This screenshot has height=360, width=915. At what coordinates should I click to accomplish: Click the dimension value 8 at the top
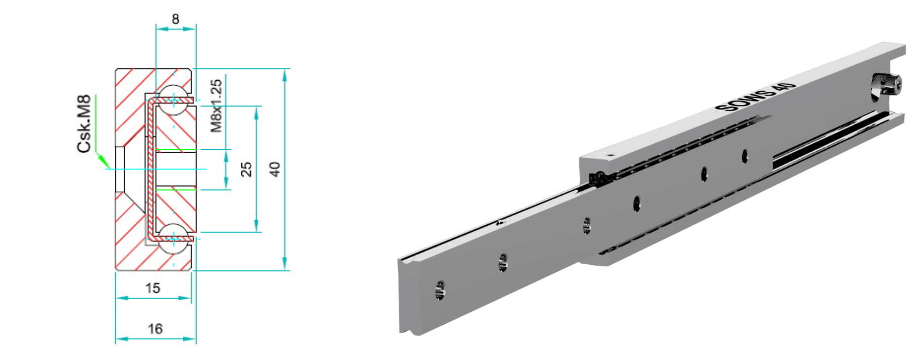click(x=176, y=19)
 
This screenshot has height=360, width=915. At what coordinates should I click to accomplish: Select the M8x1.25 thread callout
click(x=216, y=106)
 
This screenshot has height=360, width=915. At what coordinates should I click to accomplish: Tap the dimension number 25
click(x=246, y=169)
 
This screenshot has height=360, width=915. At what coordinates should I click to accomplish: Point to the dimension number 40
click(x=275, y=169)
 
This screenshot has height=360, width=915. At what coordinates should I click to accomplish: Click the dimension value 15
click(x=152, y=288)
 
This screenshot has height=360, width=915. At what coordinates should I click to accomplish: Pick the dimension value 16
click(x=155, y=328)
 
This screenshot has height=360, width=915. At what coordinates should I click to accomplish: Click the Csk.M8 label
click(x=84, y=124)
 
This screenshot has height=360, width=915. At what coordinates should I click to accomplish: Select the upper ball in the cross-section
click(x=173, y=99)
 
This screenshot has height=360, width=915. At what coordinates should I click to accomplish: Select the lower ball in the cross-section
click(x=173, y=239)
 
